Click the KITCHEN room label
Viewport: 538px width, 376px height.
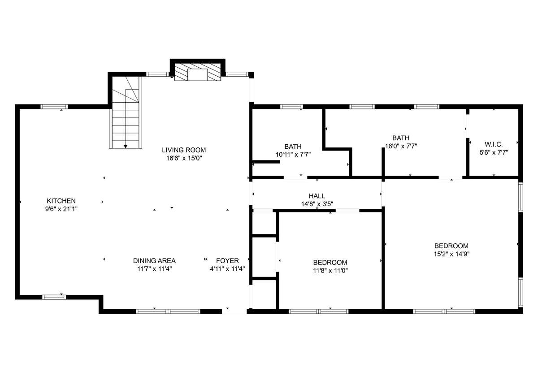[x=61, y=201]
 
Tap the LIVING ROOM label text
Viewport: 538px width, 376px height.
[x=184, y=150]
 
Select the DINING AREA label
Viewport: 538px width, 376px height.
[x=154, y=260]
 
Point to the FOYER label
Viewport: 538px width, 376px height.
[x=227, y=260]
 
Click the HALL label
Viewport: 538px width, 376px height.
[x=317, y=196]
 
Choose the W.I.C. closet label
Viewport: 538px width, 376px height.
[x=494, y=144]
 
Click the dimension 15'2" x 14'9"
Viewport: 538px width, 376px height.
[x=451, y=254]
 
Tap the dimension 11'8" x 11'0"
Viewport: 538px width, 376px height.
[x=330, y=271]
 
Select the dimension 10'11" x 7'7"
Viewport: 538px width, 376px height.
[x=293, y=155]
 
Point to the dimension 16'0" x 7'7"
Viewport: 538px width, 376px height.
[x=401, y=146]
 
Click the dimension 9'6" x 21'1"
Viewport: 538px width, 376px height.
[x=61, y=209]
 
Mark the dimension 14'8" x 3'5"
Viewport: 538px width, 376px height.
[x=317, y=204]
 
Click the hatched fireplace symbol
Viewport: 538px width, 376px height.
[x=197, y=72]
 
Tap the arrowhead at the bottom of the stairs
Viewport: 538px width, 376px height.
[x=126, y=147]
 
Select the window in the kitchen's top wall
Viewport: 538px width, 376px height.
[x=54, y=107]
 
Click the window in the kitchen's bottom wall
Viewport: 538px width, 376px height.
[x=54, y=297]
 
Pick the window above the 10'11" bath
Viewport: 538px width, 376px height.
[x=291, y=107]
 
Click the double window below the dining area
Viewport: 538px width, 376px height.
[x=168, y=311]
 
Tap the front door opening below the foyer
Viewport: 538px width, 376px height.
[x=234, y=311]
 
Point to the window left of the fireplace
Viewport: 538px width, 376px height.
[x=158, y=74]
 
